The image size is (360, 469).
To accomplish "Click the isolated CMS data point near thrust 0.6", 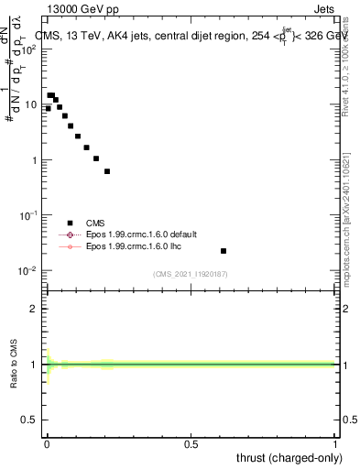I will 224,250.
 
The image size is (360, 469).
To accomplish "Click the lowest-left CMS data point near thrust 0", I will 48,108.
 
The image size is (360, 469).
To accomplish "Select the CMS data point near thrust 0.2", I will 107,171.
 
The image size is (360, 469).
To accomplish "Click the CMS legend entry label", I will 96,223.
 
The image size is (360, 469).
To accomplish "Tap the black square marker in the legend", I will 69,223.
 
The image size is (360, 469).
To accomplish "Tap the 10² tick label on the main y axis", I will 29,50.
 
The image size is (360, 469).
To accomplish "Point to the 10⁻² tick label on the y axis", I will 29,270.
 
